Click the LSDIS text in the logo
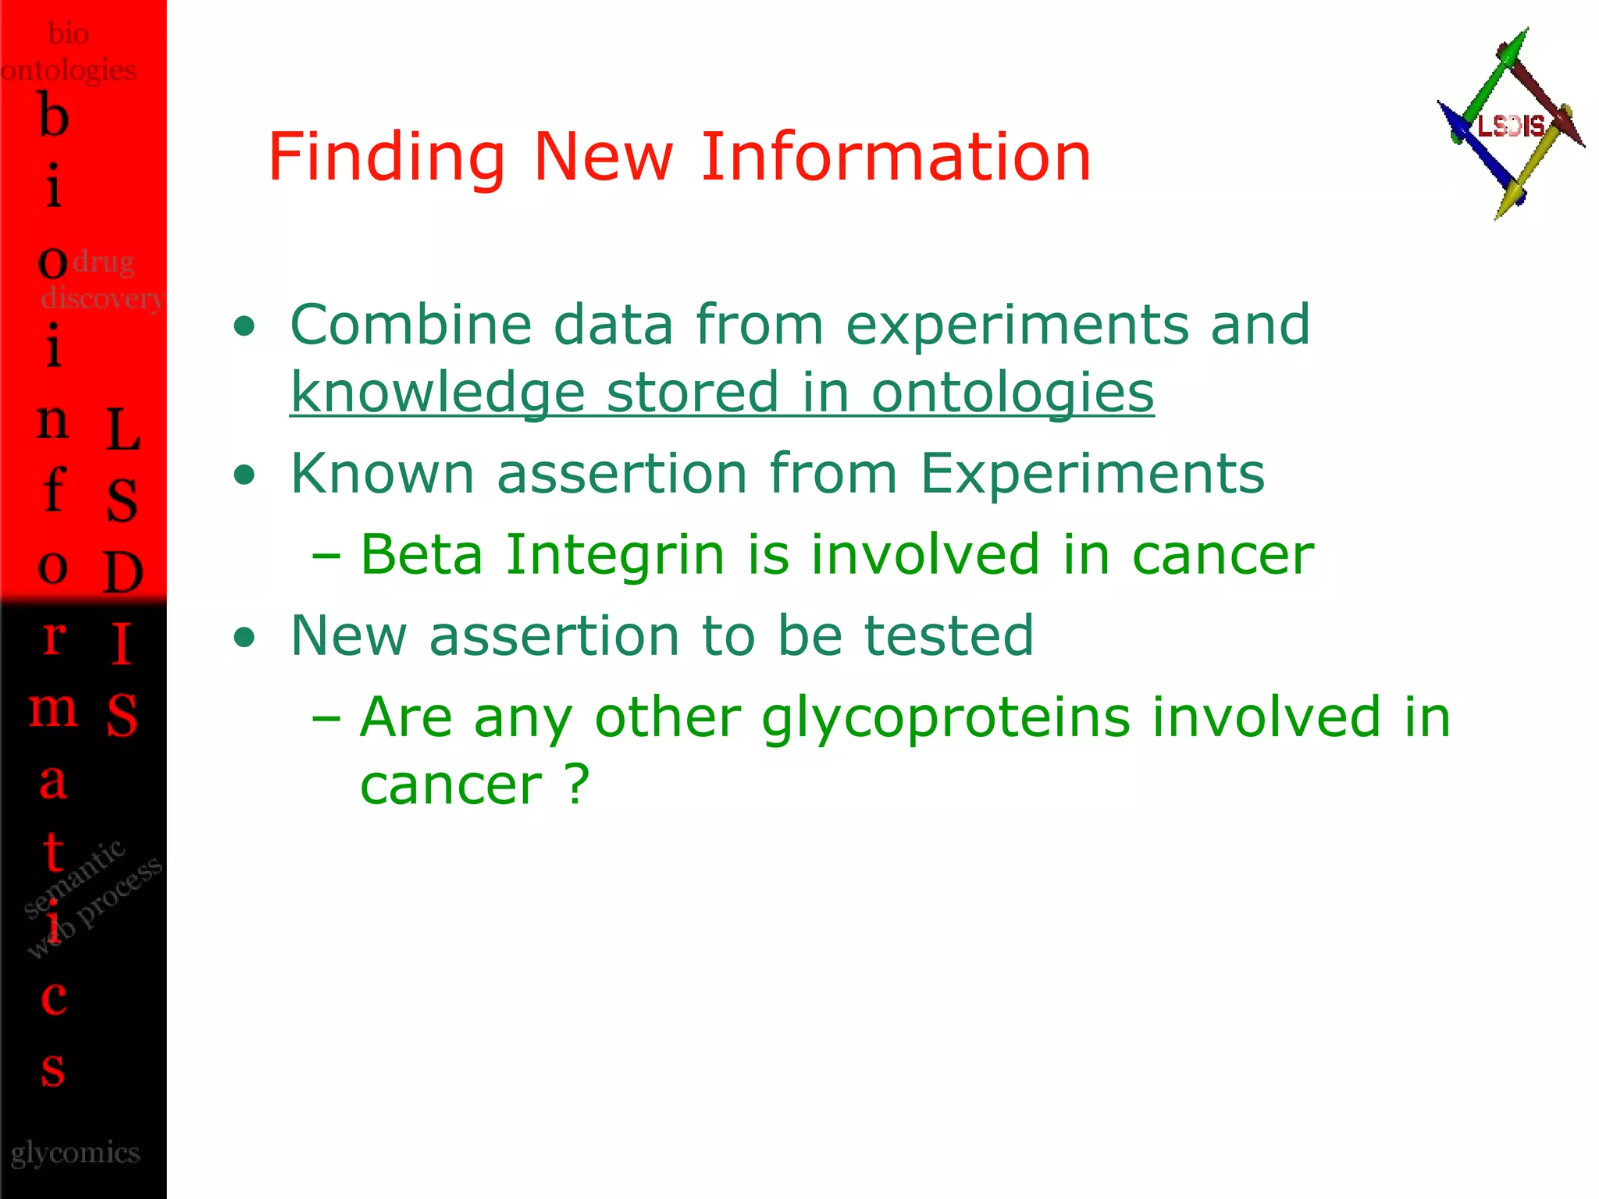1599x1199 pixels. click(x=1511, y=126)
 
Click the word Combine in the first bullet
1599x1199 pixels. click(x=411, y=325)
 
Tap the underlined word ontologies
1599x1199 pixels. click(x=1012, y=393)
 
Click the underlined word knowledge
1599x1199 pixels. click(x=437, y=393)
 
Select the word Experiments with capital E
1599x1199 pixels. click(x=1092, y=474)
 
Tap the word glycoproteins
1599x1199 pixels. click(x=946, y=717)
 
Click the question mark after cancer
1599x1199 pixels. click(x=577, y=785)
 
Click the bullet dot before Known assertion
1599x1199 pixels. click(x=244, y=475)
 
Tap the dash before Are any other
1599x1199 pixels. click(x=326, y=717)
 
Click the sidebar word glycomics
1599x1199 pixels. click(x=76, y=1153)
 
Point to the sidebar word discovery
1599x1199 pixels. click(x=101, y=298)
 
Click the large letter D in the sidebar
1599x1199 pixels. click(x=123, y=572)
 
